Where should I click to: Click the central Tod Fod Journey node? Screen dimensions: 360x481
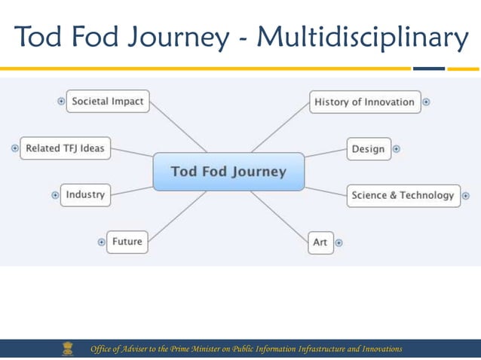coord(228,172)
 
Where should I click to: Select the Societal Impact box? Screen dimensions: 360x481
coord(108,102)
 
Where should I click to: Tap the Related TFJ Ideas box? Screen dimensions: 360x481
coord(65,148)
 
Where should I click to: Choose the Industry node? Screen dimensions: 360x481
coord(85,195)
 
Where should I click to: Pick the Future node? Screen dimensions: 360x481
coord(127,242)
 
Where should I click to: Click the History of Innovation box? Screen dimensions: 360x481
coord(364,102)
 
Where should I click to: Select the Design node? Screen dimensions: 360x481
coord(368,149)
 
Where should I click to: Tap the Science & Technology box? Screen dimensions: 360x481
coord(403,196)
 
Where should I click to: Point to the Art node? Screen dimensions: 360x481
coord(320,243)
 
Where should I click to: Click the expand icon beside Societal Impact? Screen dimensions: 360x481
coord(61,102)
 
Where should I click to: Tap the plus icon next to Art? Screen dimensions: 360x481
coord(339,243)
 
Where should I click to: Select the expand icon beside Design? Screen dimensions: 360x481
coord(397,149)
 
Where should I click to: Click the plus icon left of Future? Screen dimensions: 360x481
coord(101,242)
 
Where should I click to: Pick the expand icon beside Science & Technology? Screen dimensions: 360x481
coord(465,196)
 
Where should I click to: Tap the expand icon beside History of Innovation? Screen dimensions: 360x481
coord(426,102)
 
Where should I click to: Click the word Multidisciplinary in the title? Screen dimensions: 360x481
coord(362,36)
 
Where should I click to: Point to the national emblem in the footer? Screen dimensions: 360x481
coord(69,349)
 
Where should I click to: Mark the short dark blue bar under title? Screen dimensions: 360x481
coord(429,69)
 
